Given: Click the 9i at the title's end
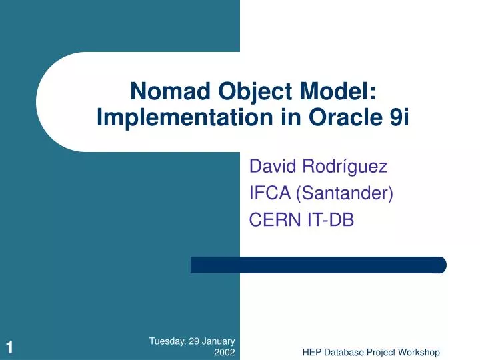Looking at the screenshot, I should coord(399,117).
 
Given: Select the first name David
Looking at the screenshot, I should coord(269,167).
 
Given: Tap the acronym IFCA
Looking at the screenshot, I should coord(269,194).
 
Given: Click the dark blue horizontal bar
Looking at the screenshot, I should coord(318,265).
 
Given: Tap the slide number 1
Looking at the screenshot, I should coord(9,346).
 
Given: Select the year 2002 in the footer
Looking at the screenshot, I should coord(224,352).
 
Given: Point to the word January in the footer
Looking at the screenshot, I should coord(218,341).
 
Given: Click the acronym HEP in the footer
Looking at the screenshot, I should coord(312,352).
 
